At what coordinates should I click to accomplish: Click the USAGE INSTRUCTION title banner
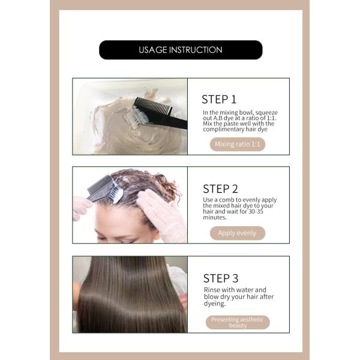[181, 50]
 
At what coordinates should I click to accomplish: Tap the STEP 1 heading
[219, 100]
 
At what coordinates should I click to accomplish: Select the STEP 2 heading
[220, 189]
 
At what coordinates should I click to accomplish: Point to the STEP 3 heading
[221, 278]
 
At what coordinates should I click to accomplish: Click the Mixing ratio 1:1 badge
[238, 144]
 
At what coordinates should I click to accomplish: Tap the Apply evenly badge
[238, 233]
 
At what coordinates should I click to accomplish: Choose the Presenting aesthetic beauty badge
[238, 322]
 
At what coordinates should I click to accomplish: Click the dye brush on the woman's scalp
[106, 190]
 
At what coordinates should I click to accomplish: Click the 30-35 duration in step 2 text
[256, 211]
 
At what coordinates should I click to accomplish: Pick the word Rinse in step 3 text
[212, 290]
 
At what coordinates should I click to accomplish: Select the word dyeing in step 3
[215, 304]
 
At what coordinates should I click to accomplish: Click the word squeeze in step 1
[266, 113]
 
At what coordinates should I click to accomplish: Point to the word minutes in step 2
[214, 217]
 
